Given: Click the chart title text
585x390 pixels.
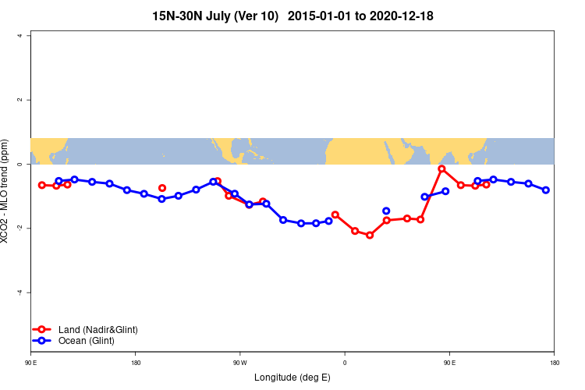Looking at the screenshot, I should click(x=292, y=16).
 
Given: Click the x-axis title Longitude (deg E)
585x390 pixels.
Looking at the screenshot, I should click(x=292, y=378).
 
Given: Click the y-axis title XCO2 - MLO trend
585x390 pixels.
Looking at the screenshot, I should click(x=7, y=191).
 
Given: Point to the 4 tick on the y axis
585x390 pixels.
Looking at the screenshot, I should click(x=22, y=36).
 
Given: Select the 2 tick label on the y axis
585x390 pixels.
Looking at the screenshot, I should click(x=22, y=100).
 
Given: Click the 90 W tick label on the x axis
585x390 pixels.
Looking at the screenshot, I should click(x=239, y=363).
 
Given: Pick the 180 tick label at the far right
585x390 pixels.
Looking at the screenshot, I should click(x=555, y=363).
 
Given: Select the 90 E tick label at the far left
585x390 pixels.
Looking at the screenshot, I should click(x=30, y=363).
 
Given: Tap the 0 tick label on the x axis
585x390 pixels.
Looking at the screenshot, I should click(x=345, y=363).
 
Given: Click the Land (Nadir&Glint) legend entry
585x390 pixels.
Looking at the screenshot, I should click(x=97, y=330).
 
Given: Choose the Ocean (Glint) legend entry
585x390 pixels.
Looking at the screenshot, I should click(x=86, y=341).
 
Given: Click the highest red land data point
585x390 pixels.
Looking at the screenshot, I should click(x=441, y=168).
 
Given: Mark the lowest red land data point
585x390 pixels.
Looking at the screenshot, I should click(x=370, y=235).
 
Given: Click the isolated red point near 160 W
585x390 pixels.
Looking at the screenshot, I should click(x=162, y=188).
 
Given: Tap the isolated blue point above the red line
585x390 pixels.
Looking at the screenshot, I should click(x=386, y=211).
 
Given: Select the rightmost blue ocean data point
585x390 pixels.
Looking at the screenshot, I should click(x=546, y=190).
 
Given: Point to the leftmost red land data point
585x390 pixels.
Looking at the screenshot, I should click(x=42, y=185).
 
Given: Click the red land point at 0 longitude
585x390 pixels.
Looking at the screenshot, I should click(x=335, y=214).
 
